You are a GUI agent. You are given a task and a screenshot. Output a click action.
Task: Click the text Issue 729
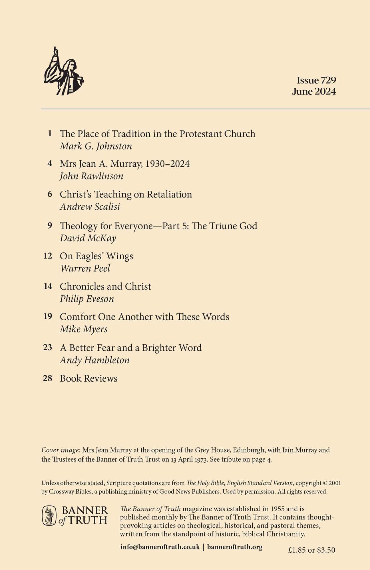click(x=316, y=80)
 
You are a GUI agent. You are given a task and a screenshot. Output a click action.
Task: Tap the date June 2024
click(x=314, y=91)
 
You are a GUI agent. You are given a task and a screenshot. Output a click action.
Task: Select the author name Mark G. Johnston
click(x=96, y=146)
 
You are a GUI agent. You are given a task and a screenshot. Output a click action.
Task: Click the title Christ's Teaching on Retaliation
click(x=126, y=194)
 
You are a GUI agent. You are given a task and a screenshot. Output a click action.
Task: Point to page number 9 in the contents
click(x=50, y=226)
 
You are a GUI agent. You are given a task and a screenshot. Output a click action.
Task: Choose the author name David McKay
click(x=88, y=238)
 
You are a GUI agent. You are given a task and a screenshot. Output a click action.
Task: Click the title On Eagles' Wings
click(x=96, y=256)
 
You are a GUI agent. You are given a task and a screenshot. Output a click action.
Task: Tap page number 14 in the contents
click(x=48, y=286)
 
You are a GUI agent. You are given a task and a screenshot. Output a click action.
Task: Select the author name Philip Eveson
click(x=87, y=299)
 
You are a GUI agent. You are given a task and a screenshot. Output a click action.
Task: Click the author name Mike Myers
click(x=84, y=329)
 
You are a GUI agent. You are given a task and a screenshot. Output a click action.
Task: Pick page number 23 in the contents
click(x=48, y=347)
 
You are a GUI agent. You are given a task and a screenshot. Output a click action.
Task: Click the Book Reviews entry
click(x=89, y=378)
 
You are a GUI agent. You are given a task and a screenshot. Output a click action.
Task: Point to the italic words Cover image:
click(x=61, y=450)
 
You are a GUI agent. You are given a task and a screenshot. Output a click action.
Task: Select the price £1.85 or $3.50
click(x=311, y=550)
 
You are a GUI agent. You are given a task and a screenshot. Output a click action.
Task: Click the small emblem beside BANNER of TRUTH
click(x=49, y=516)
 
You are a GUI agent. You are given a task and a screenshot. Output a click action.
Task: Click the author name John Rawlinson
click(x=91, y=176)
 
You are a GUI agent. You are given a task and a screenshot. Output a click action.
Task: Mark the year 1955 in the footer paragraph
click(x=277, y=509)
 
